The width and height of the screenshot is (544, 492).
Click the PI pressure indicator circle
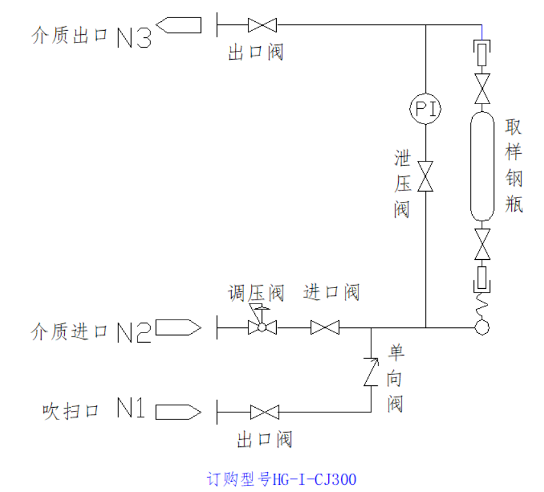426,108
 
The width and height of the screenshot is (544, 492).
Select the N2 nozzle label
134,331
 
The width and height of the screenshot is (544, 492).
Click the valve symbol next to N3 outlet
262,25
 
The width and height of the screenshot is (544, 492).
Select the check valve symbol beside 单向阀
371,372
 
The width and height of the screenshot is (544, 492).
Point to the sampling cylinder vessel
482,167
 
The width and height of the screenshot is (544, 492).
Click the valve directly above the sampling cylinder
482,87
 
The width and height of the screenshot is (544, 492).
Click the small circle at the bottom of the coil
482,327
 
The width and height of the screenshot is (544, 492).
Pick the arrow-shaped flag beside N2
178,328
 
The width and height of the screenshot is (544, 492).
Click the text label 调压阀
256,293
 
